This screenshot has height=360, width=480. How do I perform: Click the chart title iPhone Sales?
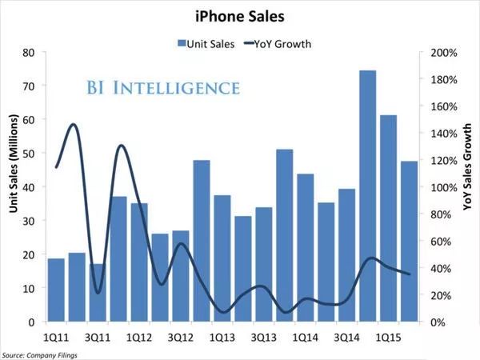pyautogui.click(x=239, y=14)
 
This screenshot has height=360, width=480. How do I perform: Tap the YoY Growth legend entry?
pyautogui.click(x=276, y=43)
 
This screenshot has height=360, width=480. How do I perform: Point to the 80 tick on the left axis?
pyautogui.click(x=29, y=53)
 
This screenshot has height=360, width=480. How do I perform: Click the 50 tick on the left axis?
pyautogui.click(x=29, y=154)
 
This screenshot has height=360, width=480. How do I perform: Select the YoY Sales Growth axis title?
pyautogui.click(x=468, y=168)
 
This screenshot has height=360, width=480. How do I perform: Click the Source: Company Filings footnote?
pyautogui.click(x=36, y=354)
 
